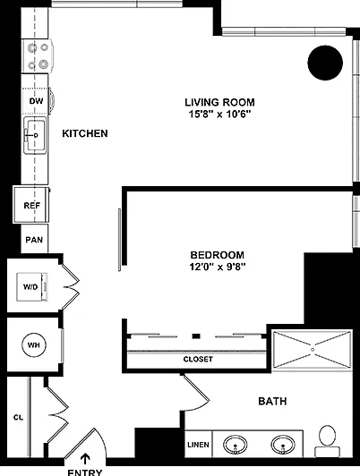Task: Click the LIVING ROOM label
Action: [219, 102]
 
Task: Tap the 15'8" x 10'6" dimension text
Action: [219, 115]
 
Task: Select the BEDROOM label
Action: [218, 255]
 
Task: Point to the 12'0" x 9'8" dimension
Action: [218, 267]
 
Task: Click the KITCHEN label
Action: [85, 133]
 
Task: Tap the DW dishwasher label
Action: [36, 101]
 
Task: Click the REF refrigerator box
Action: [31, 205]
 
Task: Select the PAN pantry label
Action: [34, 240]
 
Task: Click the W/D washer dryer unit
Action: [32, 287]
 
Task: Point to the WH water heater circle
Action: [34, 345]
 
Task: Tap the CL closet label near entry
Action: [18, 418]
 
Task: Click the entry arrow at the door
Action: [86, 459]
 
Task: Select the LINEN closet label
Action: [198, 445]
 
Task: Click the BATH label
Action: [272, 401]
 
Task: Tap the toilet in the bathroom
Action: [327, 441]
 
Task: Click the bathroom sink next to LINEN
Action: [236, 445]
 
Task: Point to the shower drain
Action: [313, 350]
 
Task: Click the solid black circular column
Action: [325, 63]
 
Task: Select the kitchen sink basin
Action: [36, 135]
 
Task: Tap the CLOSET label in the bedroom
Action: [198, 359]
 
